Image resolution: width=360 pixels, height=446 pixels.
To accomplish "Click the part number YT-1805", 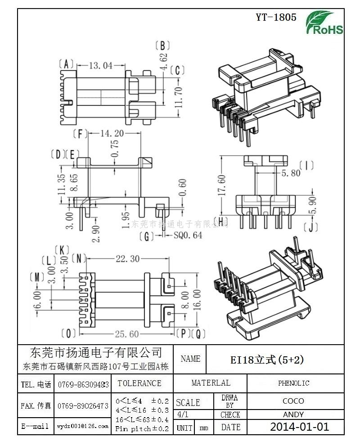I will coord(276,18).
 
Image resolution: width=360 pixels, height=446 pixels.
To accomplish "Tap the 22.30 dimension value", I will coord(128,259).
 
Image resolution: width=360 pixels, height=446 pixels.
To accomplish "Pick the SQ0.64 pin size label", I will coord(188,235).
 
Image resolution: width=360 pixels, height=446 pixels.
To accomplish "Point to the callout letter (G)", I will coord(146,235).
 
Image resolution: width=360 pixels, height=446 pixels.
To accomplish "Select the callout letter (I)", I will coord(306,165).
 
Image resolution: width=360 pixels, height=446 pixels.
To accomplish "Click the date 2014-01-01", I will coord(299,427).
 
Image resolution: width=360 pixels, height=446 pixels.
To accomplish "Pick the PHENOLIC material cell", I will coord(293,383).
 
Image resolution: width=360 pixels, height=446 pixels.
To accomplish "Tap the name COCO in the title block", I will coord(293,400).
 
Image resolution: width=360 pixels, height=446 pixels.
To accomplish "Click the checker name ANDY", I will coord(293,414).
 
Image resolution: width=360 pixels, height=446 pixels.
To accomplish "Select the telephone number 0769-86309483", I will coord(83,385).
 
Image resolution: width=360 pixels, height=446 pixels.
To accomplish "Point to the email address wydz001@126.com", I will coord(83,426).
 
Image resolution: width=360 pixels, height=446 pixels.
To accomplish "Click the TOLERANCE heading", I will coord(139,383).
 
